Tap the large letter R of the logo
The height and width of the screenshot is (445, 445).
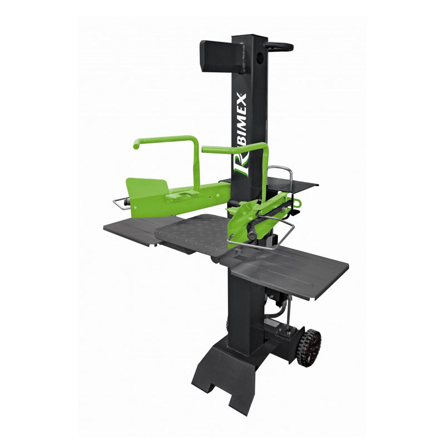click(241, 165)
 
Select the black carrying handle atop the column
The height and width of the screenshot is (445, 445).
click(279, 47)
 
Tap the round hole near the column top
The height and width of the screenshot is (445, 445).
click(259, 57)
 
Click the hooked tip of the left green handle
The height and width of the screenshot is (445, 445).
click(136, 145)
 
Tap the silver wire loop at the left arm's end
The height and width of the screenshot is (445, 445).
click(121, 204)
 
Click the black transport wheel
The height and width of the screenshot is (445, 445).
click(309, 348)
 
